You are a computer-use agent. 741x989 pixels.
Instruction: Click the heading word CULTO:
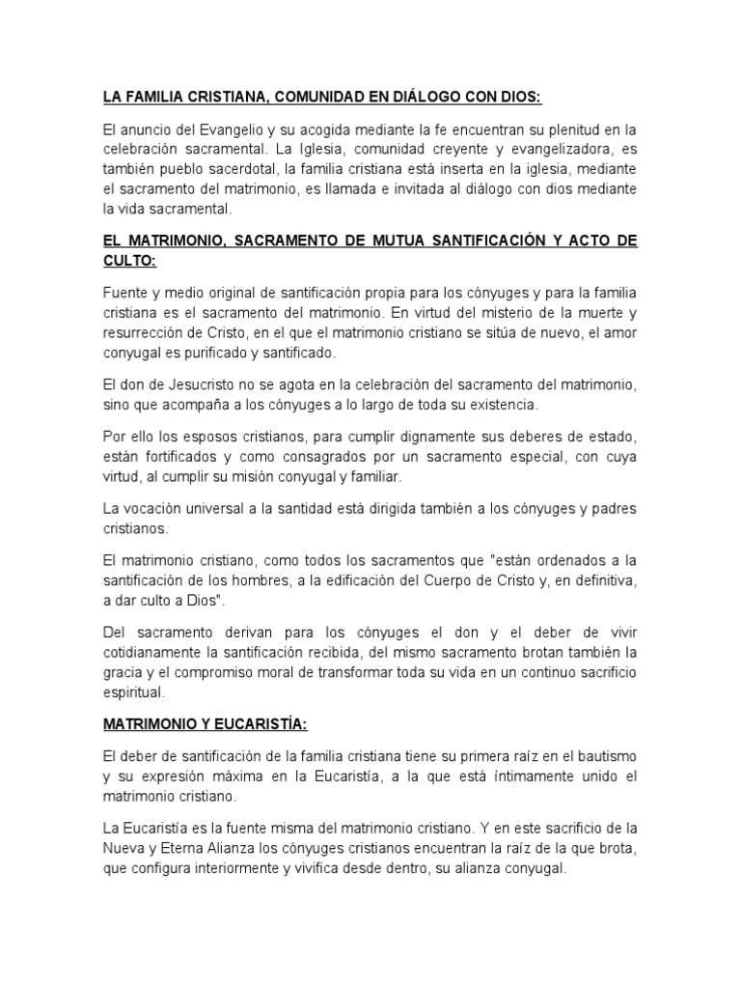[134, 260]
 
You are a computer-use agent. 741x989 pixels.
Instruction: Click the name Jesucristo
[177, 383]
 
